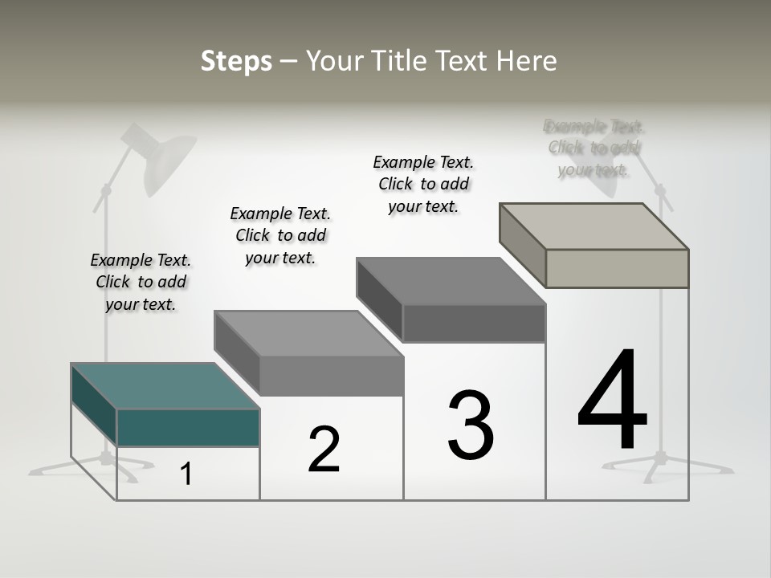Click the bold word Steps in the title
point(236,61)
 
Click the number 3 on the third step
point(470,425)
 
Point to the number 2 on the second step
point(324,450)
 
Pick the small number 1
point(186,474)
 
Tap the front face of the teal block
point(188,427)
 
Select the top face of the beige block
point(594,226)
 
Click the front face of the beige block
point(617,268)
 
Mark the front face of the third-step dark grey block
point(474,324)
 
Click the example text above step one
point(141,283)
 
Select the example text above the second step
point(280,235)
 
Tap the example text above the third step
point(423,184)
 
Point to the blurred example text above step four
point(594,148)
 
